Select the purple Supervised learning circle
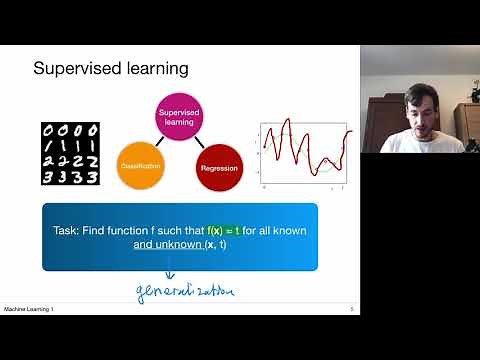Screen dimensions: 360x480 click(x=180, y=118)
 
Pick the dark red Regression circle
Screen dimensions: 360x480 click(x=219, y=168)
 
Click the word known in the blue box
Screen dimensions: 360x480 click(x=288, y=230)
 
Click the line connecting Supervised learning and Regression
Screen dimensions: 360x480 click(x=199, y=143)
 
